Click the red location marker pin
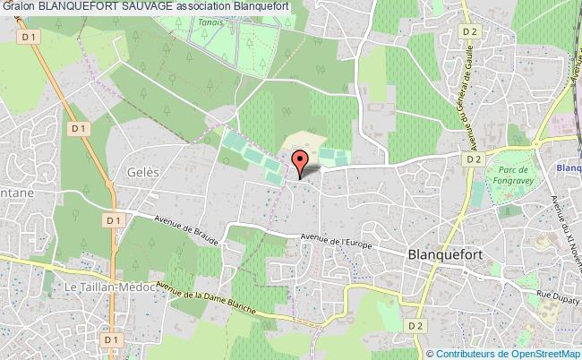[x=301, y=161]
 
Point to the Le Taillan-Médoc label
[x=107, y=286]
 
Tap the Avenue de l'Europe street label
[x=336, y=240]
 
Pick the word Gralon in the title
[x=18, y=7]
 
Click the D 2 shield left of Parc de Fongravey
[x=474, y=159]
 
